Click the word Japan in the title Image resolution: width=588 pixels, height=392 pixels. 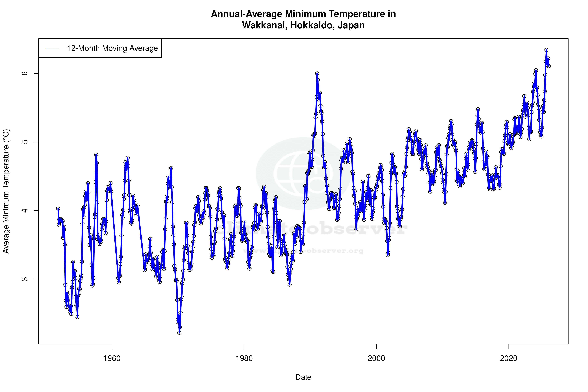click(351, 25)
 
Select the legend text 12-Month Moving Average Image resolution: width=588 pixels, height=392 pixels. click(112, 48)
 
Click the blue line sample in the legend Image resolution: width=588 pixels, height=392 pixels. click(53, 48)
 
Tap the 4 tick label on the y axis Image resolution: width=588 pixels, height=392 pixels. click(24, 210)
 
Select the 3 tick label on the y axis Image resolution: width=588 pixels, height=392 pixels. click(24, 279)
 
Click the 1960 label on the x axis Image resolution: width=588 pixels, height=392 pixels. click(112, 358)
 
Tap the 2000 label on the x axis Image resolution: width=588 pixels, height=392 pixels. click(376, 358)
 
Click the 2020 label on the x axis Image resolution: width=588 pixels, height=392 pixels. click(509, 358)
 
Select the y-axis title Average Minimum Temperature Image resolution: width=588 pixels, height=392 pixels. click(6, 191)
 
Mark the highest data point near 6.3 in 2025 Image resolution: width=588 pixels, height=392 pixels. click(546, 50)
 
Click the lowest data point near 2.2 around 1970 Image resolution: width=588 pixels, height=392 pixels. click(179, 333)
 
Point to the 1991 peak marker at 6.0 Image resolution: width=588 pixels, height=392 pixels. click(317, 74)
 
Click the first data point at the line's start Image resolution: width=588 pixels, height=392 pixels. click(58, 209)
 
